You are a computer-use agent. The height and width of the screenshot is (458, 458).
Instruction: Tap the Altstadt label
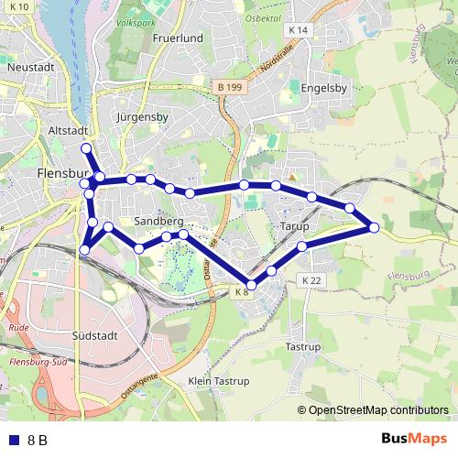click(x=67, y=131)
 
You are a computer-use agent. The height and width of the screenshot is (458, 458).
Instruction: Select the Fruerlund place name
click(x=177, y=38)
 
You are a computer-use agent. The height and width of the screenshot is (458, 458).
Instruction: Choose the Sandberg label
click(x=158, y=222)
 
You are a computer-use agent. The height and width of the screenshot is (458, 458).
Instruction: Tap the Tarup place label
click(x=293, y=225)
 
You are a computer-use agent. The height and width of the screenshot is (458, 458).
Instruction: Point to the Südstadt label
click(x=94, y=336)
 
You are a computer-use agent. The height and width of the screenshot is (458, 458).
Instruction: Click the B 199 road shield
click(x=232, y=87)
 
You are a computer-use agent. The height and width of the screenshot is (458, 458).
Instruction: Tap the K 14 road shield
click(x=299, y=30)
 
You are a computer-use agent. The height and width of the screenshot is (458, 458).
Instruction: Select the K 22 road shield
click(x=312, y=279)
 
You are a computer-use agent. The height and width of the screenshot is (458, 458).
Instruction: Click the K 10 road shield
click(x=19, y=6)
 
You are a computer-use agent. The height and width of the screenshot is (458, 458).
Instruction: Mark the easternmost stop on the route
click(x=374, y=227)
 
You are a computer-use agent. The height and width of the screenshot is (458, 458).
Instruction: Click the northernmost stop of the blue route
click(x=86, y=148)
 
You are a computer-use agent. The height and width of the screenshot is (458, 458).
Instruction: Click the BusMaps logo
click(x=414, y=439)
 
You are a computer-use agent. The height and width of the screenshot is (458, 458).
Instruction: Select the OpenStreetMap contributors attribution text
click(x=378, y=409)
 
